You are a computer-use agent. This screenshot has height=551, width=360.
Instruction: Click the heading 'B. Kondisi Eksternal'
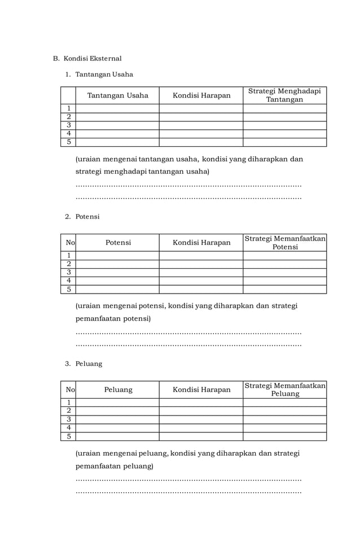87,58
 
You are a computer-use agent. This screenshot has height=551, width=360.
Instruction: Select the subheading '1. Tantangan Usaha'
99,74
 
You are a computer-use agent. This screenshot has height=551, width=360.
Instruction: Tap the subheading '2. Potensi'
82,216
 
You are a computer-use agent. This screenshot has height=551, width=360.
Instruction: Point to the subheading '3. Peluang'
84,364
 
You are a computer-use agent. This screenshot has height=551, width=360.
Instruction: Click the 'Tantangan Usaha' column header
117,95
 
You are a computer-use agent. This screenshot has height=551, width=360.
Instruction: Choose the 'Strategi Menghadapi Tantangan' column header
284,95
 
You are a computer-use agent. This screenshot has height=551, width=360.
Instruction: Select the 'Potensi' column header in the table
118,242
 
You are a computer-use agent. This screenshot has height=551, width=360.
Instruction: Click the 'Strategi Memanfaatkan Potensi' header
285,243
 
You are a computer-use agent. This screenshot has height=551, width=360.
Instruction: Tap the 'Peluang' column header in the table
118,390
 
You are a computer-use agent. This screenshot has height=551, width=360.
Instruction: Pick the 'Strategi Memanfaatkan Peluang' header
285,390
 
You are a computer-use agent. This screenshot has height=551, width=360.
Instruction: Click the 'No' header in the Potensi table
69,242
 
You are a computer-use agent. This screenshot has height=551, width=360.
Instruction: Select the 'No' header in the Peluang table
69,390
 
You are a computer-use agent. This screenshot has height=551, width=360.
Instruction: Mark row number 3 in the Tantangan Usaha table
69,125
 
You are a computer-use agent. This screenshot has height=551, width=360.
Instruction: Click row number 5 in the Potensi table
69,289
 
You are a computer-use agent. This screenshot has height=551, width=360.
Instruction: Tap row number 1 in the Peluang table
69,403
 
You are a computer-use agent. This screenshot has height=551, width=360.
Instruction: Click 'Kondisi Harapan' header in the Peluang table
201,390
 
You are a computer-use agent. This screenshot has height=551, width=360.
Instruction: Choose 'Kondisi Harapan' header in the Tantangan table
201,95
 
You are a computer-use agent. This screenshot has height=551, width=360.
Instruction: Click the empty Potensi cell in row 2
117,264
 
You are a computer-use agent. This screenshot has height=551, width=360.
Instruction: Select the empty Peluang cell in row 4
117,428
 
